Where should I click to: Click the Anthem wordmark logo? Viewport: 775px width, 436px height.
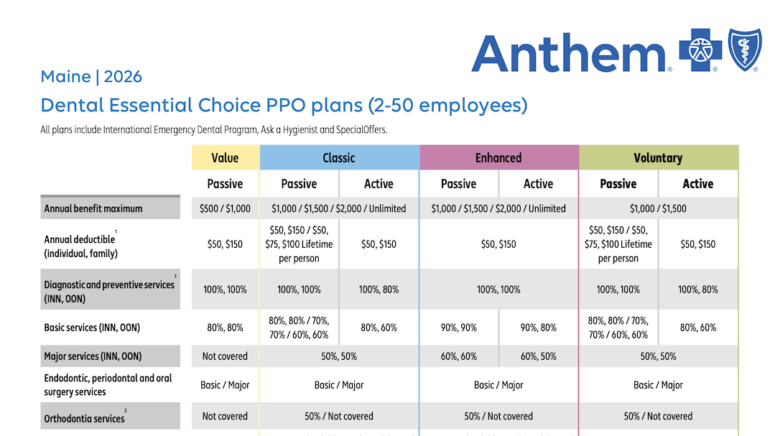point(570,53)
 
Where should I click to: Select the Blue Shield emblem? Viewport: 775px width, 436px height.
point(743,50)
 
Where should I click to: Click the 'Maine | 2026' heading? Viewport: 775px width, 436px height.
point(91,77)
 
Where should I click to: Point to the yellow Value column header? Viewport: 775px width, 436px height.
point(225,158)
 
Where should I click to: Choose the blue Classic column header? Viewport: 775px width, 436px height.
point(339,158)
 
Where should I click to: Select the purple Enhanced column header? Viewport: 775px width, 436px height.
point(498,158)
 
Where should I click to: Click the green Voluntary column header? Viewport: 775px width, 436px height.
point(658,158)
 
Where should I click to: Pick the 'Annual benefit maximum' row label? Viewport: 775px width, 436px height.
point(93,209)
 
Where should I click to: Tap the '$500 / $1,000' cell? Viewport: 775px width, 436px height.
point(225,209)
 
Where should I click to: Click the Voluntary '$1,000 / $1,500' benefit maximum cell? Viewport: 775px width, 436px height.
point(658,209)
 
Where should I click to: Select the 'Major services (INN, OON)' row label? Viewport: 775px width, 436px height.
point(93,356)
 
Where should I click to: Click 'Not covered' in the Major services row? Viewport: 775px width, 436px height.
point(225,356)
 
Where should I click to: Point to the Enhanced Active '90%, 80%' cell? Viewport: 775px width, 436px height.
point(538,328)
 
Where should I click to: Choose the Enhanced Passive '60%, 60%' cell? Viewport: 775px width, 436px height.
point(458,356)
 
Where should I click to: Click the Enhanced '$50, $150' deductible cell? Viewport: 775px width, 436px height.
point(498,244)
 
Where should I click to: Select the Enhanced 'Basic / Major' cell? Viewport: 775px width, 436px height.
point(498,385)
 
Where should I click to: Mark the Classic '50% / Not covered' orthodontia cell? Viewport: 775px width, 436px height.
point(339,417)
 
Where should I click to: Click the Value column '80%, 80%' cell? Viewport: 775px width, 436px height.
point(225,328)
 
